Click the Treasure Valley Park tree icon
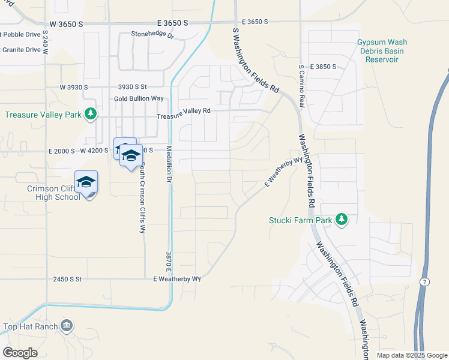click(90, 113)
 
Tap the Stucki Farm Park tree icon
click(342, 220)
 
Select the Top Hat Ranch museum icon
click(67, 326)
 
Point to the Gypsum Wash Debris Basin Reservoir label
click(382, 51)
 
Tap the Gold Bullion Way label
click(139, 98)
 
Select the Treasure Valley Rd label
click(184, 110)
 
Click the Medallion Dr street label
click(169, 164)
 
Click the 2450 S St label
click(67, 279)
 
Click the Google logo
click(20, 352)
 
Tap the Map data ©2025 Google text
click(411, 355)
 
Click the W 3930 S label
click(73, 87)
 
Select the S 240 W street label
click(46, 42)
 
